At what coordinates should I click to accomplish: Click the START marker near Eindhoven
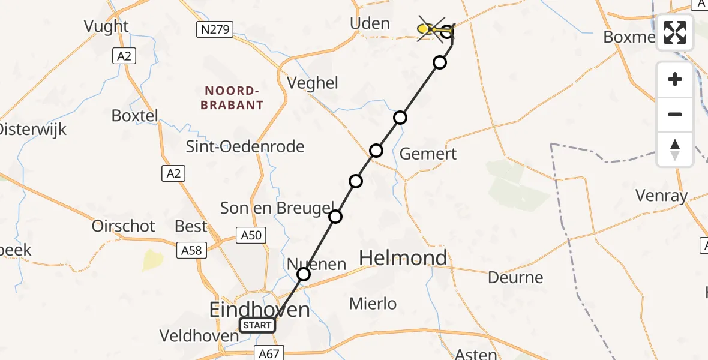point(257,326)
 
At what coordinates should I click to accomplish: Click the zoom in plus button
point(675,80)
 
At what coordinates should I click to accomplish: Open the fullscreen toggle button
point(675,32)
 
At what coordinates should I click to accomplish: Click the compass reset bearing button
point(675,149)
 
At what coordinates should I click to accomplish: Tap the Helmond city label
point(403,258)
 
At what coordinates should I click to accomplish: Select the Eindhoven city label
point(259,310)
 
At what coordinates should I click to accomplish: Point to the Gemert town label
point(428,154)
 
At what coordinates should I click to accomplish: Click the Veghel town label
point(313,83)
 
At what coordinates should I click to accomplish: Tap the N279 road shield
point(214,29)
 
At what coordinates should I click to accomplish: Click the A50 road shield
point(251,235)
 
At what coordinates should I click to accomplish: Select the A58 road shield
point(193,250)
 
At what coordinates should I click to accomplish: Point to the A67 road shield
point(269,353)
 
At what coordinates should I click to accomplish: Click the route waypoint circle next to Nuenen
point(304,274)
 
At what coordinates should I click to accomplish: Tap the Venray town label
point(662,195)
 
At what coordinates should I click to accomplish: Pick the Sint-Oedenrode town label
point(245,146)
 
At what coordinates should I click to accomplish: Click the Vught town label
point(106,26)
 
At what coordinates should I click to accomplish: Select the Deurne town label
point(515,278)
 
